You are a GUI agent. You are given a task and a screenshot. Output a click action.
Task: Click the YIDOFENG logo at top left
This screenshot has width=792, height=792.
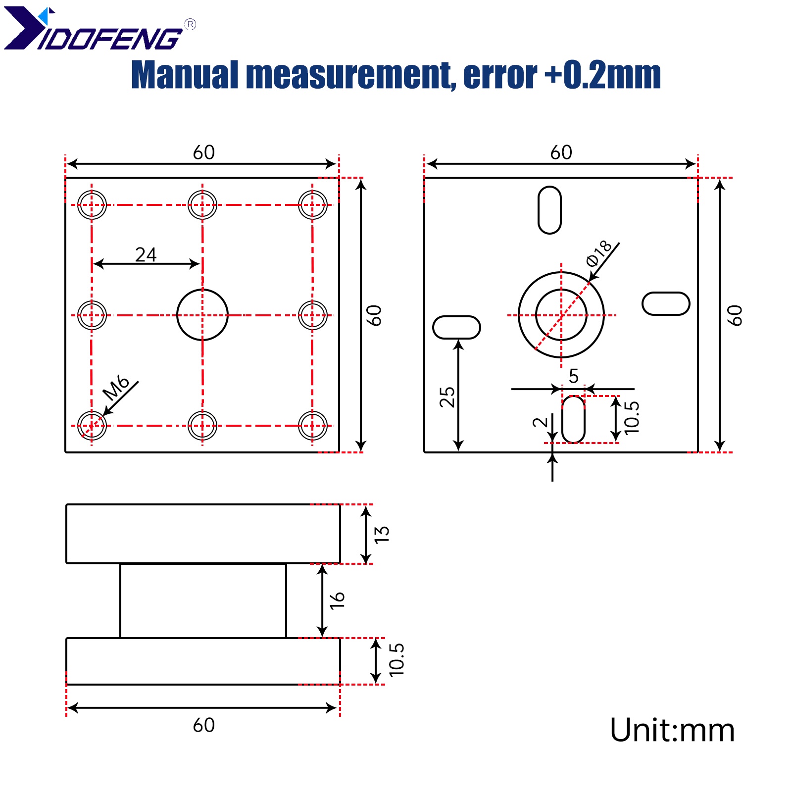(94, 30)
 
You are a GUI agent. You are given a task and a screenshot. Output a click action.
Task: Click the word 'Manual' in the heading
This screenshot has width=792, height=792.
(184, 75)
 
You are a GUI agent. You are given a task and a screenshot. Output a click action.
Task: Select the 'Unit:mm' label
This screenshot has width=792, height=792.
(672, 730)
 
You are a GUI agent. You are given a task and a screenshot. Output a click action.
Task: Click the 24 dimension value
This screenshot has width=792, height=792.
(146, 254)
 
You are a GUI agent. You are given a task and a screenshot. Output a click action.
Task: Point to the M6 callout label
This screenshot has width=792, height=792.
(115, 388)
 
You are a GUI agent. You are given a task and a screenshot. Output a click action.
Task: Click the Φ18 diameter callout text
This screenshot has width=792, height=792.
(598, 253)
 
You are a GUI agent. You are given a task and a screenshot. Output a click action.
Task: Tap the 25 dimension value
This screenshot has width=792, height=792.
(447, 397)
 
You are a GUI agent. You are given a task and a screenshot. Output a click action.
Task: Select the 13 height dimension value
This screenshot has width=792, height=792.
(382, 534)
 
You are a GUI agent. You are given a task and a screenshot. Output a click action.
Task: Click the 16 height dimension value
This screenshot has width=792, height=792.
(337, 600)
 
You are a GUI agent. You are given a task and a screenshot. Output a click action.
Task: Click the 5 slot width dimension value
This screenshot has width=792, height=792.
(573, 376)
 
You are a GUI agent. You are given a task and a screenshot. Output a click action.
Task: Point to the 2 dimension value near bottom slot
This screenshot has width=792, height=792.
(540, 422)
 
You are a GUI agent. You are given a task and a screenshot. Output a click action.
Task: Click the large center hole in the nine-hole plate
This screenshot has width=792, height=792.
(202, 315)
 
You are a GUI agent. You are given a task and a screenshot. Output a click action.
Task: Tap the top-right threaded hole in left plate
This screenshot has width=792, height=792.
(312, 205)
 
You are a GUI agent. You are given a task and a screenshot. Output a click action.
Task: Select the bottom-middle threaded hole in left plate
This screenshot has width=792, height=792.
(202, 425)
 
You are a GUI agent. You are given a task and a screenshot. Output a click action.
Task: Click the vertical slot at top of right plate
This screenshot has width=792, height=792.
(549, 210)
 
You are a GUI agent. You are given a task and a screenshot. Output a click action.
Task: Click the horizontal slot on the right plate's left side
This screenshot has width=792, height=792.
(456, 327)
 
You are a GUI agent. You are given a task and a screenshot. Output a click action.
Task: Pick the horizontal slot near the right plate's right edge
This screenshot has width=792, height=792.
(665, 303)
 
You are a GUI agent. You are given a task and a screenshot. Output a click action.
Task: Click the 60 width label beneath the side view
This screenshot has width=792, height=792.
(203, 725)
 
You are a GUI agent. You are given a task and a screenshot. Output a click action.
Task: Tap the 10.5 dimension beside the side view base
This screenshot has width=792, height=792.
(396, 660)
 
